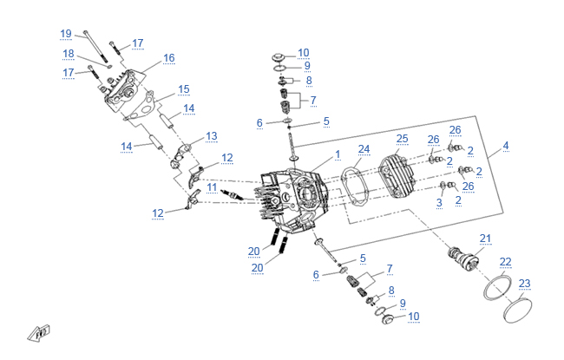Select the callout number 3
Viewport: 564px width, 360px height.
[x=439, y=203]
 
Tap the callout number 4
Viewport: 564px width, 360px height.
[x=506, y=146]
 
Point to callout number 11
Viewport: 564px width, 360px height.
[x=212, y=187]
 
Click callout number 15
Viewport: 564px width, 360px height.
[x=183, y=89]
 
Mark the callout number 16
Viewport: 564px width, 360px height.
[x=168, y=58]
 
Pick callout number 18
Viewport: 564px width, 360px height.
[x=68, y=54]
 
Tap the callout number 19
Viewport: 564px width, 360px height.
[x=66, y=34]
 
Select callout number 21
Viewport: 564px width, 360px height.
[x=485, y=239]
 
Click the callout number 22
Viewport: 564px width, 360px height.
[x=505, y=261]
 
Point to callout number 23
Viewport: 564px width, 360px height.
[x=523, y=283]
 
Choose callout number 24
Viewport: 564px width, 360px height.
[x=364, y=148]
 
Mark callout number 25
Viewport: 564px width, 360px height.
[x=402, y=139]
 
